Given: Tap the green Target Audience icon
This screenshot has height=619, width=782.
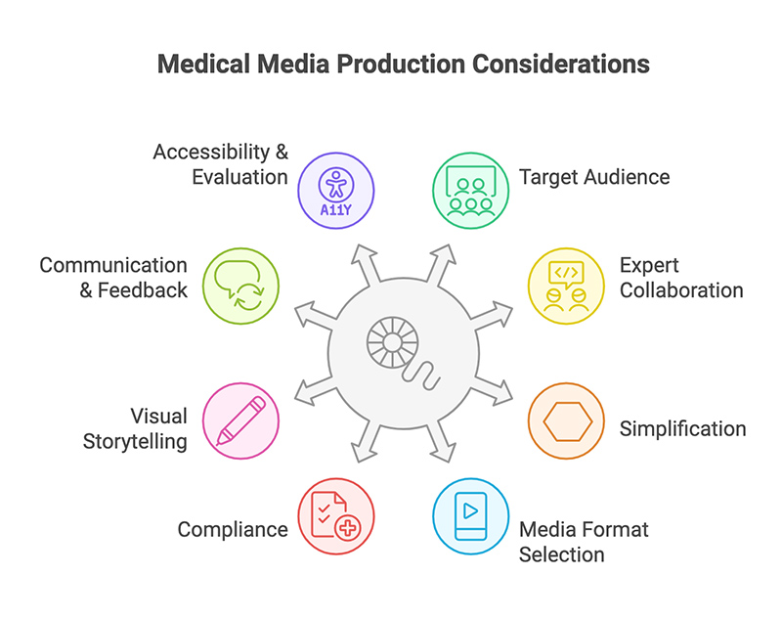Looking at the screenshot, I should tap(470, 190).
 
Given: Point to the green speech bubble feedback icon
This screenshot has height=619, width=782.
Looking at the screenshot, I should tap(240, 286).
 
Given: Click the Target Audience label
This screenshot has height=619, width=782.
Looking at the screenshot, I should tap(594, 177).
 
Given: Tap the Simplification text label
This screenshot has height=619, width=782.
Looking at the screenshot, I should tap(683, 429).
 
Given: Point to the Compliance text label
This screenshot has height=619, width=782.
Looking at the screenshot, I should tap(233, 529).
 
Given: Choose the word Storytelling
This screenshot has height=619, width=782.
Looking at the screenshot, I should tap(135, 441).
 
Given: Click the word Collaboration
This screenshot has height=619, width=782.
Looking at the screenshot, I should tap(681, 290).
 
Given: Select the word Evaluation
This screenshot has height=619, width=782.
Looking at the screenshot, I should tap(239, 177).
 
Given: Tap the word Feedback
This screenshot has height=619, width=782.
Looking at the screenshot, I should tap(143, 290).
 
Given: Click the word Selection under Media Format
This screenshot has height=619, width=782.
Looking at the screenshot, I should tap(562, 554).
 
